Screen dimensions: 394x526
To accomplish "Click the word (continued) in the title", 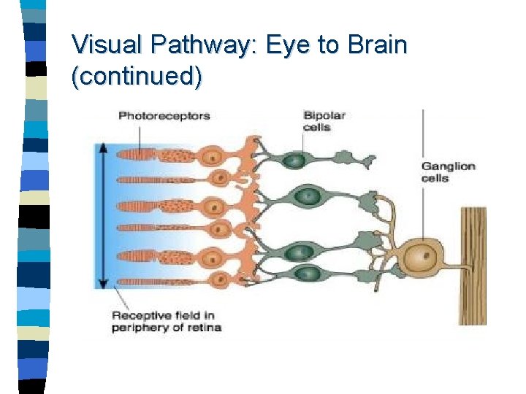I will click(x=137, y=76).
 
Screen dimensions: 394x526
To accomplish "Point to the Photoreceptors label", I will click(x=164, y=115).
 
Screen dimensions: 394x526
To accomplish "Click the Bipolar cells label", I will click(x=324, y=120).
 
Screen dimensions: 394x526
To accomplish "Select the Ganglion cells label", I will click(x=448, y=171).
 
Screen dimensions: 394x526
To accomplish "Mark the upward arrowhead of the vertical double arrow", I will click(x=104, y=148).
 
